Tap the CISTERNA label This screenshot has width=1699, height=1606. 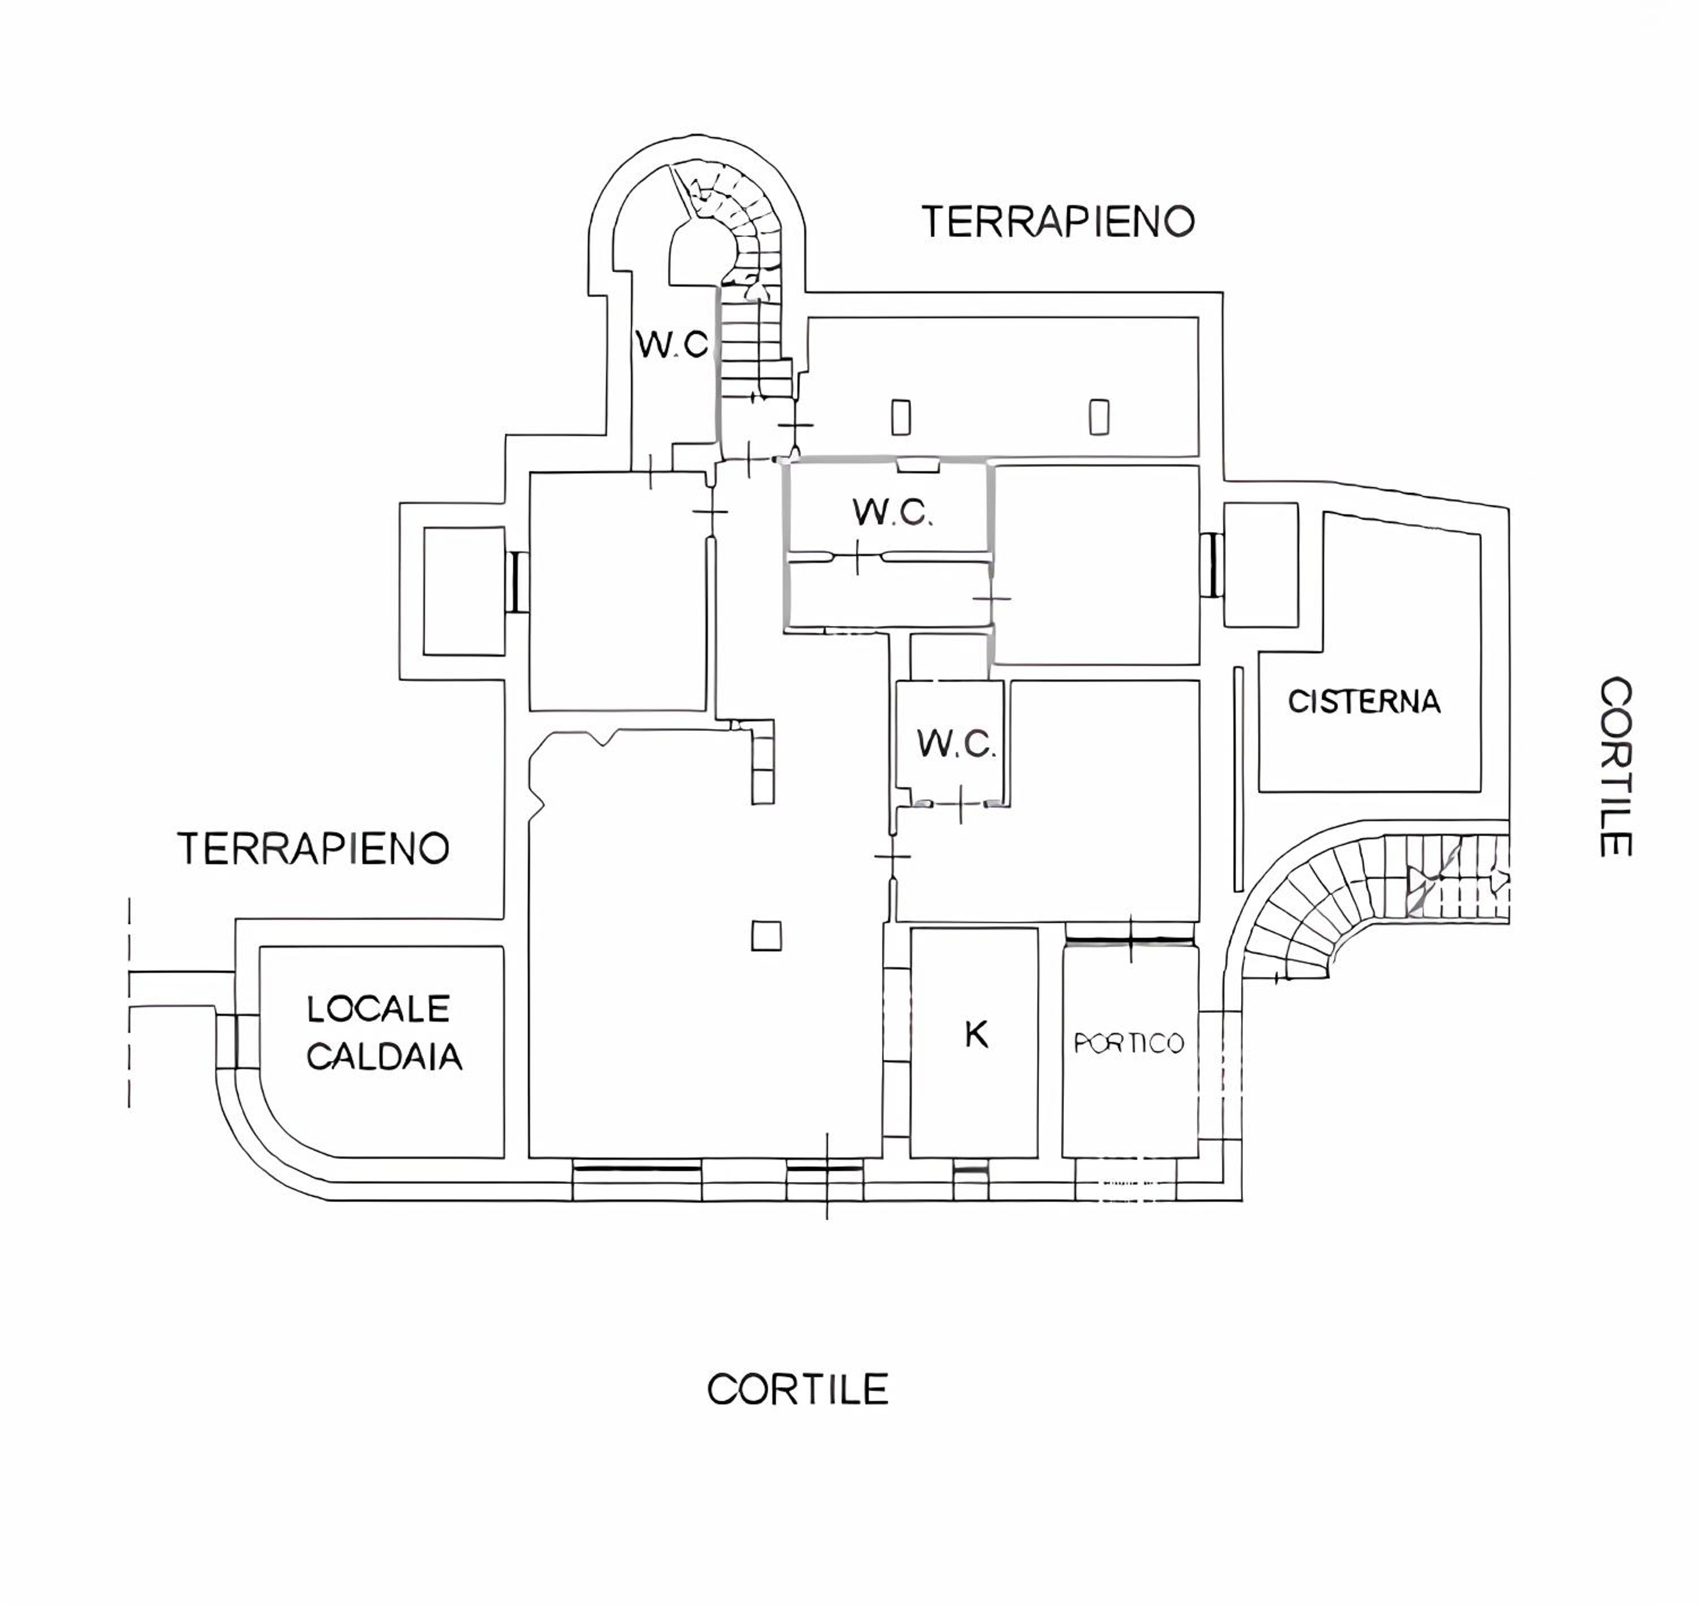click(x=1364, y=702)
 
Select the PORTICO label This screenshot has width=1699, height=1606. click(x=1129, y=1043)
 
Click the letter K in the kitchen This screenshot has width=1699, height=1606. click(x=976, y=1035)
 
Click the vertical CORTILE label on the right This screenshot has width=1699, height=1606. click(x=1616, y=767)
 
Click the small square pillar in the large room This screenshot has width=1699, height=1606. click(x=766, y=935)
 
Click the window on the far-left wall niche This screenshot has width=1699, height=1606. click(x=517, y=581)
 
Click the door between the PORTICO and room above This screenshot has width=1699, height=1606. click(x=1130, y=940)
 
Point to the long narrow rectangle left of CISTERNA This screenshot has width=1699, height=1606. click(x=1237, y=778)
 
